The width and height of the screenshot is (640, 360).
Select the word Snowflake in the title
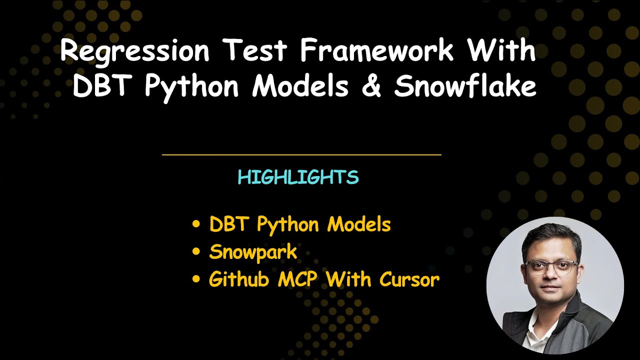coord(465,86)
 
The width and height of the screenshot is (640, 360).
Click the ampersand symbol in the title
coord(370,86)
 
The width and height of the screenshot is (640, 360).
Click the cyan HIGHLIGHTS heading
coord(298,177)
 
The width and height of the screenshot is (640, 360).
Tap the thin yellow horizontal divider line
coord(301,155)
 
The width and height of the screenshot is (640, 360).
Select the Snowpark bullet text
coord(253,252)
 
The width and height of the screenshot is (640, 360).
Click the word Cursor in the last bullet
coord(409,279)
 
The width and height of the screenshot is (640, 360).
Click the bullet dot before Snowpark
coord(196,252)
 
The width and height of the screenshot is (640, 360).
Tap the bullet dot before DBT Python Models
coord(196,224)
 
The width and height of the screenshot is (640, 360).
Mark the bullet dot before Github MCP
coord(196,279)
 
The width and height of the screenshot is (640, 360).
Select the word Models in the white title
coord(300,86)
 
